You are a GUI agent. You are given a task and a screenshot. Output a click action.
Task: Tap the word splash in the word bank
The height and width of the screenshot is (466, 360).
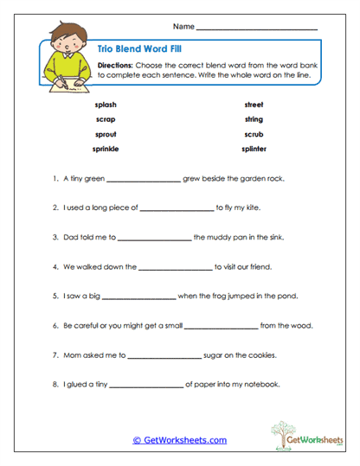(x=106, y=104)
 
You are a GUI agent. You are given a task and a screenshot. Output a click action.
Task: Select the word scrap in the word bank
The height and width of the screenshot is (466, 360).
(x=106, y=118)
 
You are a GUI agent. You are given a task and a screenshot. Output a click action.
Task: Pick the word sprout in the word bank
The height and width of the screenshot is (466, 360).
(x=106, y=134)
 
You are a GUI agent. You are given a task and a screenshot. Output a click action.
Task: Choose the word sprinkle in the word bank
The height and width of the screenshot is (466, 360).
(x=106, y=149)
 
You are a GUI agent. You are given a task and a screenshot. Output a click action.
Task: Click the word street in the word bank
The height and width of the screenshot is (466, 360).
(x=254, y=104)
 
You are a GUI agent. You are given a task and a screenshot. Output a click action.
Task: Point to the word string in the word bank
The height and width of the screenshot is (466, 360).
(x=254, y=118)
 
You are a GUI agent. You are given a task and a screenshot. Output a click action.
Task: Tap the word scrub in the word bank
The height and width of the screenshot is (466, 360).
(x=254, y=134)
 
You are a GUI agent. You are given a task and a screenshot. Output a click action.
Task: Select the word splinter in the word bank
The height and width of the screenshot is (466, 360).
(x=254, y=149)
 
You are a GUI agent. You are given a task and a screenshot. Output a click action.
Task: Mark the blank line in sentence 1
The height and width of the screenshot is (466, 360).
(x=144, y=181)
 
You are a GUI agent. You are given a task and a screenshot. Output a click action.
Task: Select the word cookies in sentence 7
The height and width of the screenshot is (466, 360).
(x=262, y=354)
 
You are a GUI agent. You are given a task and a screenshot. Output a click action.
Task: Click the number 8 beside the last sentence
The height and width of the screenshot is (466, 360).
(x=55, y=384)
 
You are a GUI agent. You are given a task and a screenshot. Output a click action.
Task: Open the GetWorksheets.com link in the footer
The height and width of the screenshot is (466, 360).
(x=179, y=440)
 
